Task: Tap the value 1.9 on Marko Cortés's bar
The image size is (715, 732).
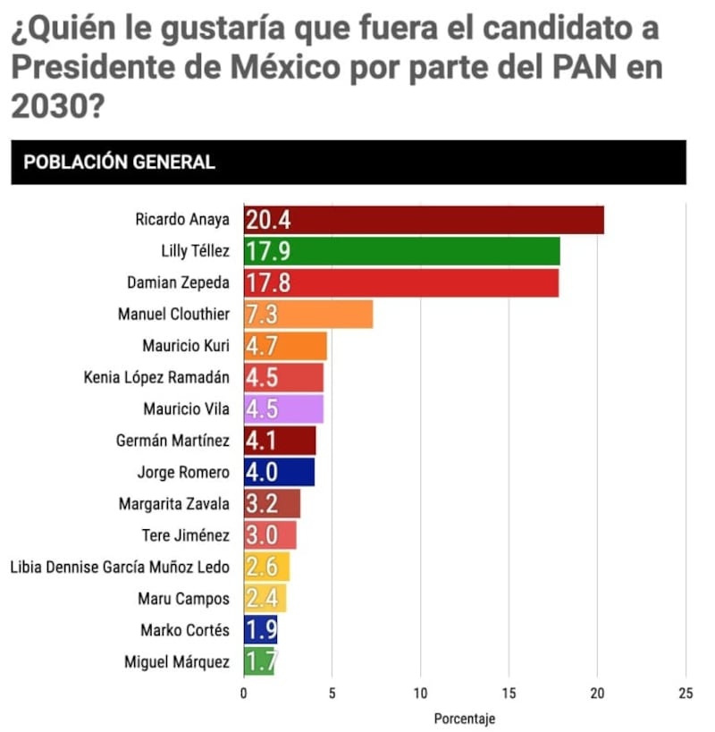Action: click(260, 630)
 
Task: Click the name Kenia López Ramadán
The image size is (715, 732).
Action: click(156, 377)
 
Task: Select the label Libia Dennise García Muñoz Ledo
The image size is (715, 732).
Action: click(119, 567)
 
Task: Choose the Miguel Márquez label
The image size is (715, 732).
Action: click(177, 661)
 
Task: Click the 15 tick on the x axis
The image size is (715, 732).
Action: click(509, 693)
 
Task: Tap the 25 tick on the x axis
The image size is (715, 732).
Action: click(686, 693)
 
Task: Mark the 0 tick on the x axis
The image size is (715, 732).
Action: click(243, 693)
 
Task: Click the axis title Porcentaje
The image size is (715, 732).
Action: click(464, 719)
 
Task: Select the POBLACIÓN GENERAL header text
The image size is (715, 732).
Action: click(119, 163)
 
